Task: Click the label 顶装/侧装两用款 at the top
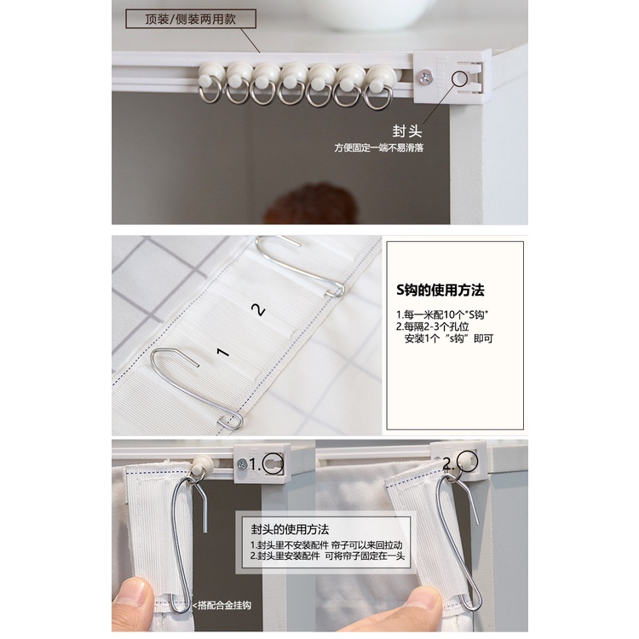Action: [x=190, y=19]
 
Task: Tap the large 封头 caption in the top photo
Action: [x=407, y=131]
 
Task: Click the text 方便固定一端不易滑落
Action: [x=379, y=147]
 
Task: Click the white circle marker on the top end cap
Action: [x=460, y=78]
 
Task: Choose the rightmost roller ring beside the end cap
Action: [x=379, y=86]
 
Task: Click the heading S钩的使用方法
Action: [x=440, y=291]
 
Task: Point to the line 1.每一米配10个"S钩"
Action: [x=442, y=314]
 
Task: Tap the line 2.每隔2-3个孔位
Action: [x=432, y=326]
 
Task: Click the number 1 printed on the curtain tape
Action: [x=222, y=352]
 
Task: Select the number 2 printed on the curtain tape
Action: [x=258, y=310]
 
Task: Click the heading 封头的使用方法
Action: [x=290, y=529]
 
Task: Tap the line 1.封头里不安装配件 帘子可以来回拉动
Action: [x=326, y=545]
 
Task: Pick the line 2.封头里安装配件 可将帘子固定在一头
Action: [x=327, y=556]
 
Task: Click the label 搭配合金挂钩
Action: [x=222, y=606]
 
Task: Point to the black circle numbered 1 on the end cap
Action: [x=273, y=463]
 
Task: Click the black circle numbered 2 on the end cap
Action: [x=467, y=461]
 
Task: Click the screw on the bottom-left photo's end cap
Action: [x=242, y=463]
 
